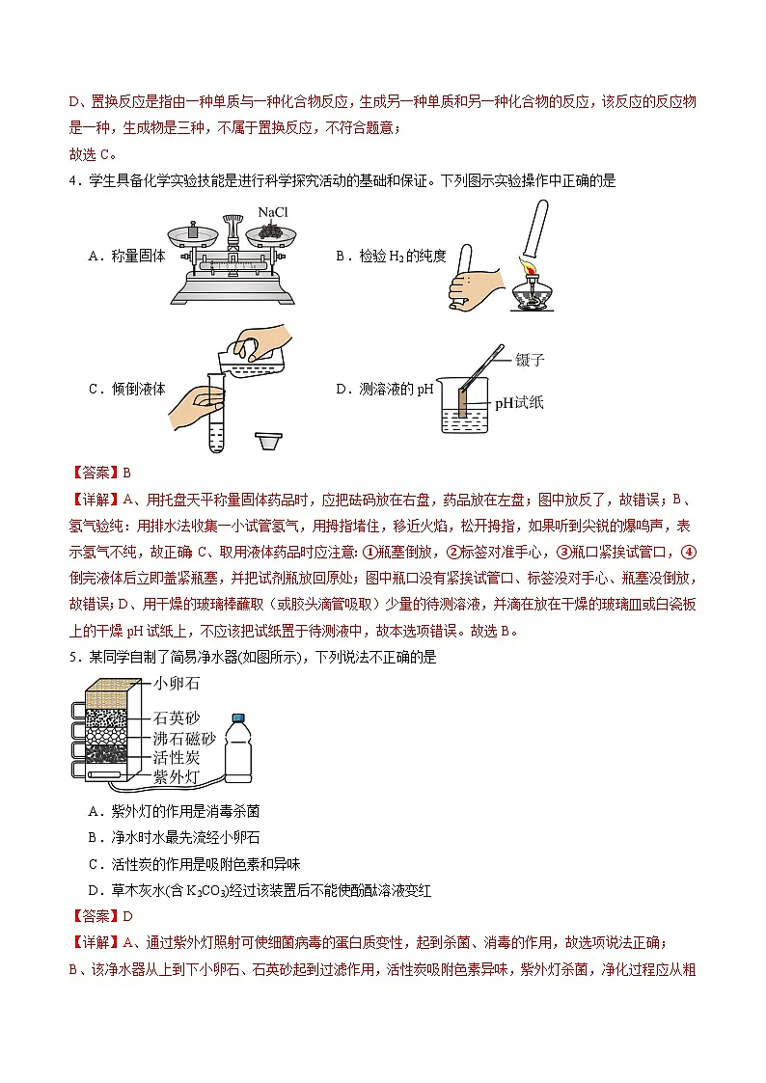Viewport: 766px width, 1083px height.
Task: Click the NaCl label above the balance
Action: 273,213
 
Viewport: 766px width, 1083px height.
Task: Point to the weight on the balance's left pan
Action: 192,231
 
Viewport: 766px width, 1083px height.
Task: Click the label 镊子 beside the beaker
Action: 530,360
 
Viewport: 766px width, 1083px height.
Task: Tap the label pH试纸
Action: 519,402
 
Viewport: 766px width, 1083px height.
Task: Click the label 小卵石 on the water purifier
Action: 177,684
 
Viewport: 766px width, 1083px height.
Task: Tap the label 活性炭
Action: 177,757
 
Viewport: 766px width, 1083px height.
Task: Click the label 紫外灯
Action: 177,775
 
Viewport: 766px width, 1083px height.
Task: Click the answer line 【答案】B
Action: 100,473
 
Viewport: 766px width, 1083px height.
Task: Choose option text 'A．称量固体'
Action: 126,256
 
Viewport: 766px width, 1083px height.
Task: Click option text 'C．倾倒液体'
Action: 126,389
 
